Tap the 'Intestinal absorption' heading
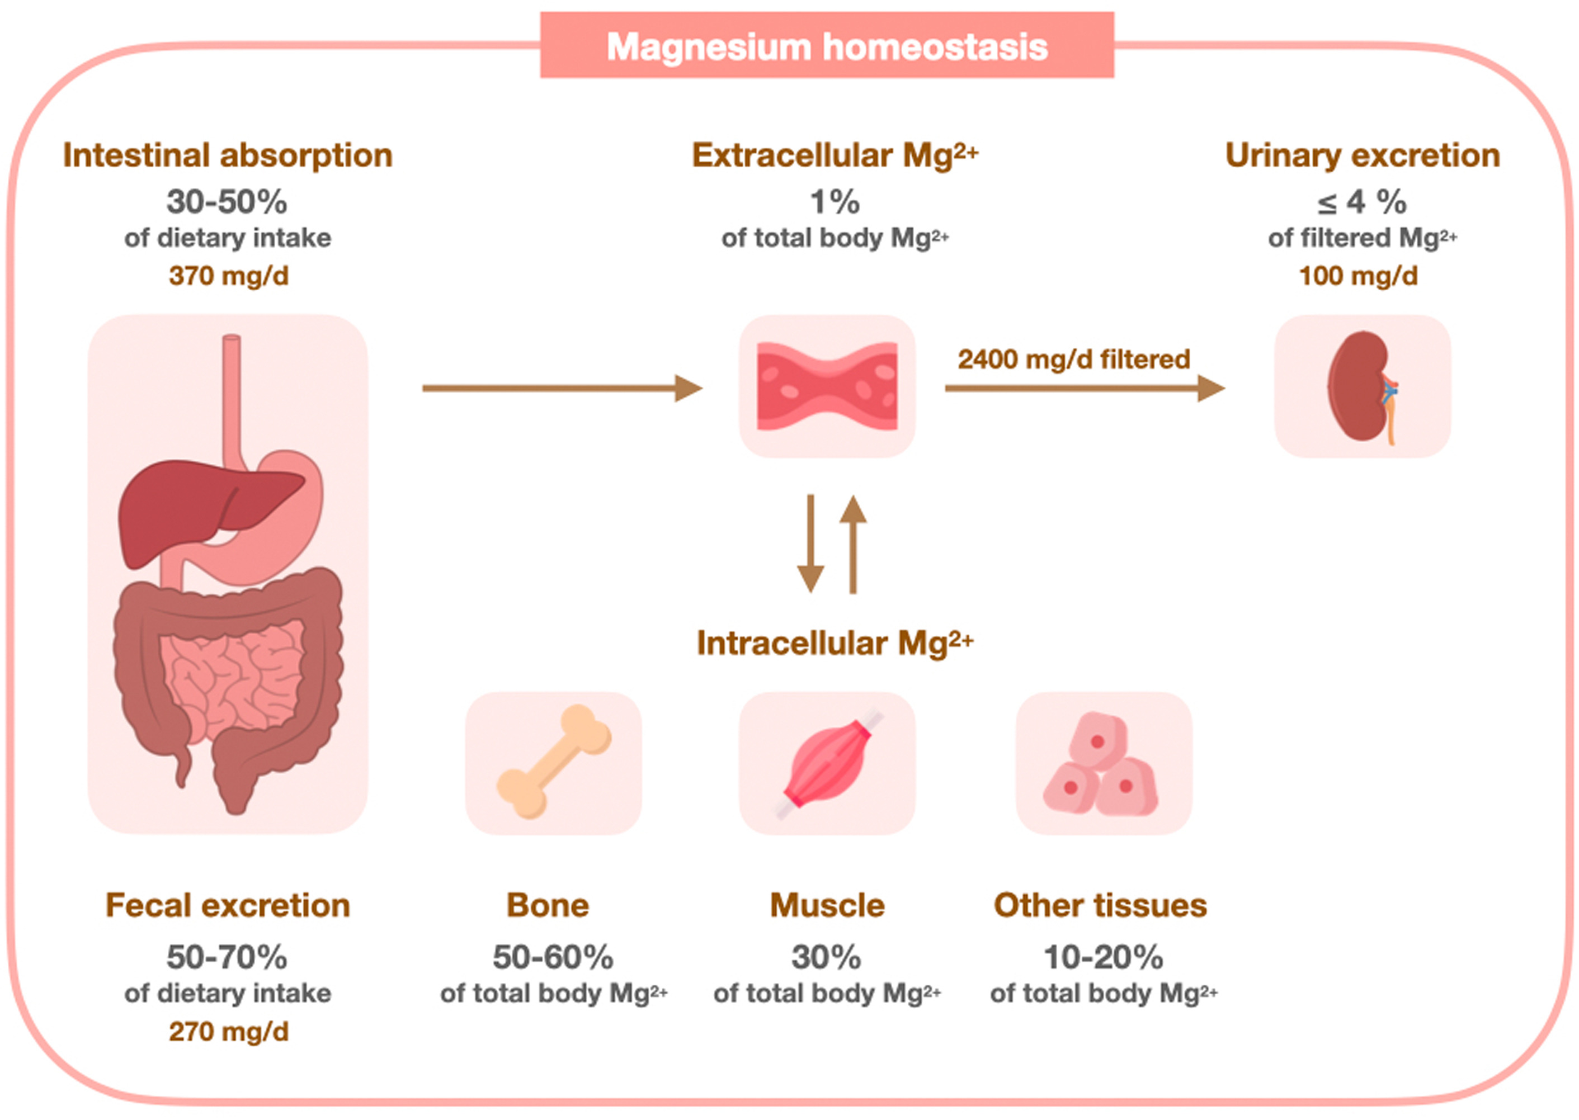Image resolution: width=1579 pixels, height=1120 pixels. click(x=228, y=155)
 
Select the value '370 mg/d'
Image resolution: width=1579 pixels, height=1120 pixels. click(x=228, y=276)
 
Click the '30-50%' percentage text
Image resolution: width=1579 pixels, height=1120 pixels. click(x=227, y=202)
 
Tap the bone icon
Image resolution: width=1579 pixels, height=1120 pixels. click(x=553, y=763)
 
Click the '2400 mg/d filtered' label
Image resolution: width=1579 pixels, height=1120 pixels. click(x=1074, y=360)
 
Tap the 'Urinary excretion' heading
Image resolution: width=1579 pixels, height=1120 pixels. click(x=1363, y=155)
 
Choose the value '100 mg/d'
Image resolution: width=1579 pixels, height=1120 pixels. click(x=1358, y=276)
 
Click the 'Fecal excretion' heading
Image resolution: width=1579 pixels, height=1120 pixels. click(x=228, y=905)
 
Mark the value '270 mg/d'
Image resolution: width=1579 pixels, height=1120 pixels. click(x=228, y=1032)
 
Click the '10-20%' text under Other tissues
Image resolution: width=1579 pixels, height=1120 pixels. click(x=1103, y=957)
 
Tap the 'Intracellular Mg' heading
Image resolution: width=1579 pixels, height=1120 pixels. click(x=835, y=643)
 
